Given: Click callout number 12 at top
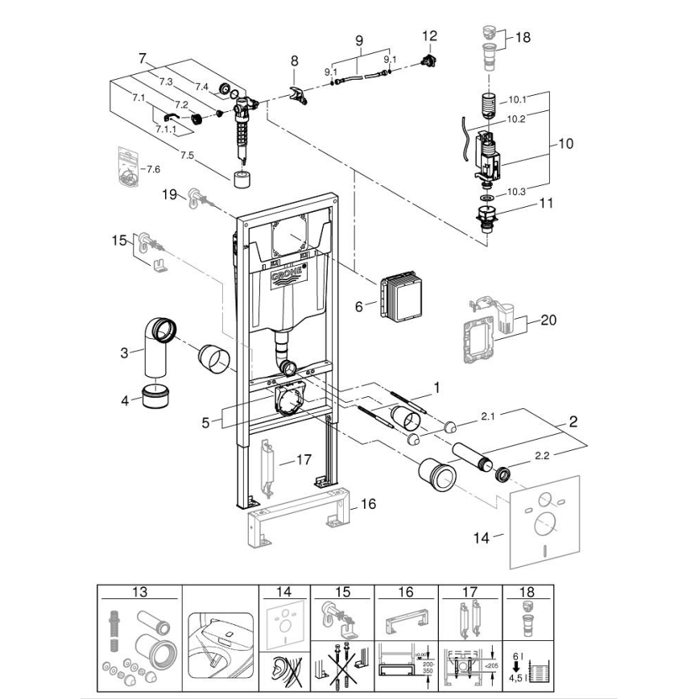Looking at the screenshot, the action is pos(429,35).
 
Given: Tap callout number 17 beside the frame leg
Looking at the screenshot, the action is pos(303,461).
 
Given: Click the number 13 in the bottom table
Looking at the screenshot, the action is pos(140,592).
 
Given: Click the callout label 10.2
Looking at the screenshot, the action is pos(515,118).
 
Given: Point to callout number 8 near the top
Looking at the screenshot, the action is pos(295,60).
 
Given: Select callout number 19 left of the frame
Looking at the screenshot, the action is pos(169,194).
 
